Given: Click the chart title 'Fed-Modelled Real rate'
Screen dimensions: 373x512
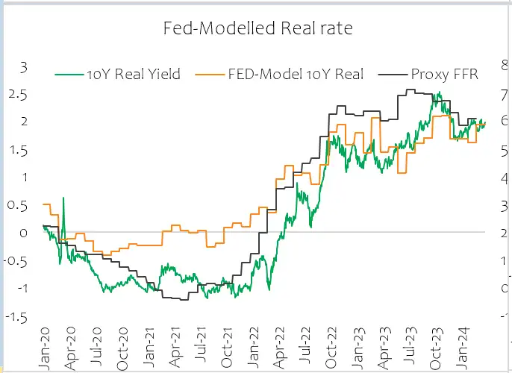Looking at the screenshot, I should (x=257, y=29).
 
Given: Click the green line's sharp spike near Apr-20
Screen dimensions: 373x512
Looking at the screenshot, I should (x=63, y=198).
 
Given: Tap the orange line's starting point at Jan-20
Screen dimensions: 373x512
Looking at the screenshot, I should (x=44, y=204).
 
